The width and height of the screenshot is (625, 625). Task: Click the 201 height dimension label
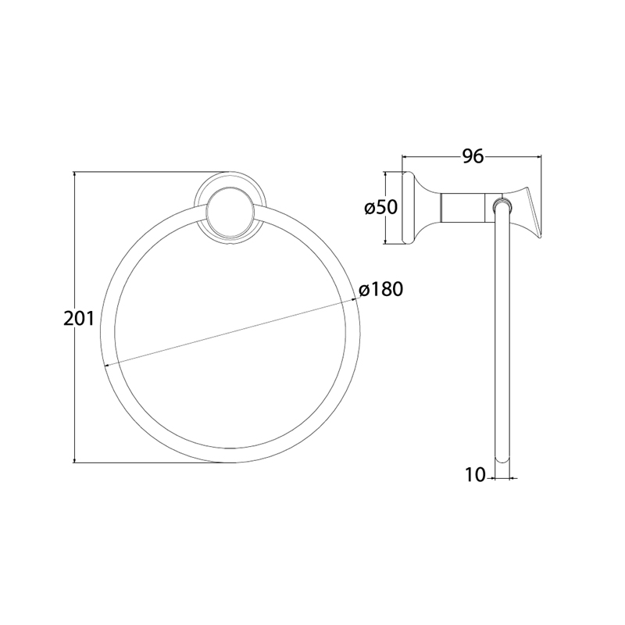[79, 319]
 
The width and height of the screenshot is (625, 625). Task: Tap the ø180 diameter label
[380, 289]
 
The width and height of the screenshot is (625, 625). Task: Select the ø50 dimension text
[381, 207]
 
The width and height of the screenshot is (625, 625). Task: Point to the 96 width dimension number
[473, 156]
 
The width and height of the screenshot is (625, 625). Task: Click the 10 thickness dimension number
[476, 475]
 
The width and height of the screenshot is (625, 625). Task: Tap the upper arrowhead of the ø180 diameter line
[352, 301]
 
